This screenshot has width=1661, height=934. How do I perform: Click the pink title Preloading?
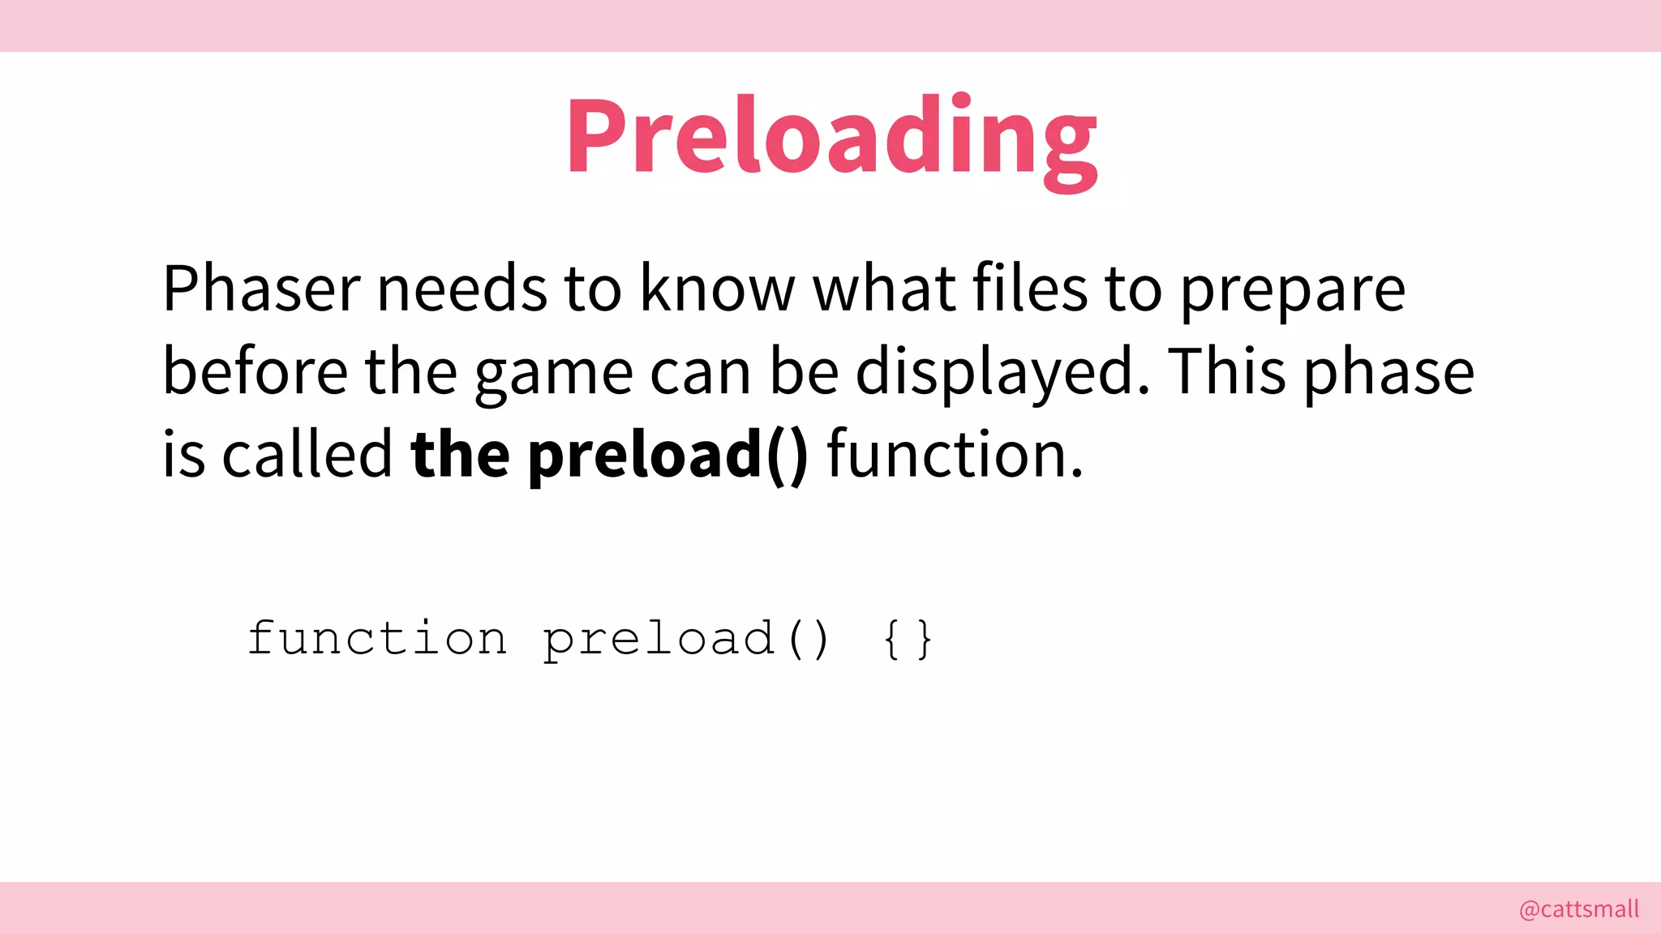pyautogui.click(x=831, y=136)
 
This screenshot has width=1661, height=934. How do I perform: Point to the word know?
pyautogui.click(x=718, y=289)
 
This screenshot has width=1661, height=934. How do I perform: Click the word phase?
pyautogui.click(x=1389, y=373)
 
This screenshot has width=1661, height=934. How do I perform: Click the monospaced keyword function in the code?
pyautogui.click(x=377, y=638)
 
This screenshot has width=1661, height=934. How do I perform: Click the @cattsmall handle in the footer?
pyautogui.click(x=1579, y=909)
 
